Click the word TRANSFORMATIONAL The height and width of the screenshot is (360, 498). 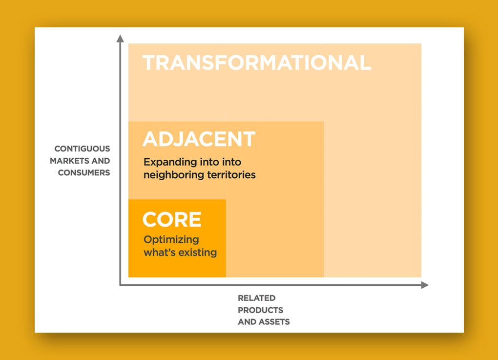pos(257,62)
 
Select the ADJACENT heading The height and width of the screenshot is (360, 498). pos(199,139)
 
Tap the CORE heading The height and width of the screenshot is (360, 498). pos(172,219)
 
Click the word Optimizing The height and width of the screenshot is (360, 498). pos(171,240)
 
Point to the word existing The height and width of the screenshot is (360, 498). pos(198,253)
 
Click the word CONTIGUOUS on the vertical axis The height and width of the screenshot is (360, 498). pos(82,148)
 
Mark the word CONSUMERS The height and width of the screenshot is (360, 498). pos(84,172)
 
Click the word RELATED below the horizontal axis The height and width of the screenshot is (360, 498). pos(257,298)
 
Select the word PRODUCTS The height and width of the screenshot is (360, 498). pos(260,310)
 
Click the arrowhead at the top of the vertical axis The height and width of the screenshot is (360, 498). pos(120,38)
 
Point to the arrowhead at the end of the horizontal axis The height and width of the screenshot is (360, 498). pos(425,285)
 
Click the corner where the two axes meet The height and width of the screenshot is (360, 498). pos(120,285)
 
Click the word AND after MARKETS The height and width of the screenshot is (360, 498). pos(101,161)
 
